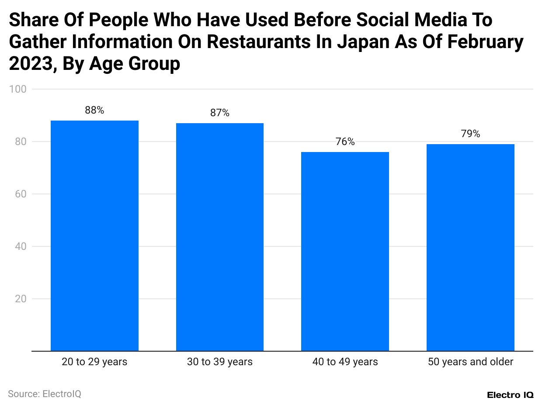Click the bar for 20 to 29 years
tap(94, 236)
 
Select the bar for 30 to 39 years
tap(220, 237)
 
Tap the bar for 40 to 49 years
tap(345, 252)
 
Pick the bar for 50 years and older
tap(470, 248)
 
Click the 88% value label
tap(94, 111)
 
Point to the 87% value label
tap(220, 113)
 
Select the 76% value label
tap(345, 142)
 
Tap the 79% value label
tap(470, 134)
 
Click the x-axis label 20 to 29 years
tap(94, 362)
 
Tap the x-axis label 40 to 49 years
tap(345, 362)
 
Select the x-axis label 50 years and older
tap(470, 362)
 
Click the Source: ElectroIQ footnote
tap(45, 394)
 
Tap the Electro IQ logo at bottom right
tap(510, 395)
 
